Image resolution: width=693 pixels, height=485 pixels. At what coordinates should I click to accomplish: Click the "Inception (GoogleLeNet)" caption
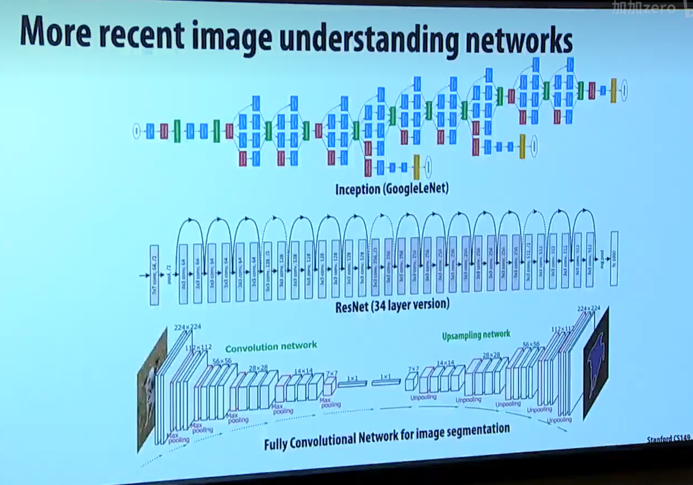392,189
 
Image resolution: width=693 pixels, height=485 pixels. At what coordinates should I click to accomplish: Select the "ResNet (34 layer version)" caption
392,304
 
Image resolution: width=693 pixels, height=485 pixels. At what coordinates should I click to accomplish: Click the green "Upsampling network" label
476,335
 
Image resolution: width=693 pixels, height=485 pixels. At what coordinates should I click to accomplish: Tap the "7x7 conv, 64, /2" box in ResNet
154,275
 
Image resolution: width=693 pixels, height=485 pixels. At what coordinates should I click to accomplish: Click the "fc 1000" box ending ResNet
614,259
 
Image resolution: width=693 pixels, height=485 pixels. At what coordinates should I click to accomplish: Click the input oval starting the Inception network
137,131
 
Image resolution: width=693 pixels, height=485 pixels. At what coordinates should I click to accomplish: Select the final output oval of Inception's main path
624,90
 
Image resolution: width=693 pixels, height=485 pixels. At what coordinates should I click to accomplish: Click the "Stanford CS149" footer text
669,438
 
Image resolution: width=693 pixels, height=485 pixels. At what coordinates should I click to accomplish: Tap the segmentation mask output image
596,363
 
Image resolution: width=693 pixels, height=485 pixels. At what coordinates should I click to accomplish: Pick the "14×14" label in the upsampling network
445,363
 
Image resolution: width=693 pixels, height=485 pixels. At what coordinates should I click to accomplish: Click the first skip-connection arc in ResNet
190,222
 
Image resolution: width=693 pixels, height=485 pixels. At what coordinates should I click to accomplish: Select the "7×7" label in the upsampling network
413,369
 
